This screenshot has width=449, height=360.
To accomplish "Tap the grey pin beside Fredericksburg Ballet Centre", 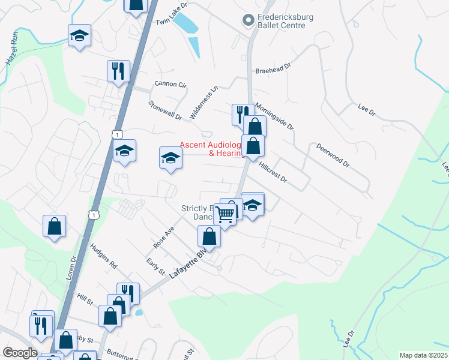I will coord(247,21).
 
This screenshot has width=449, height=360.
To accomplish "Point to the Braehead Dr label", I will coord(272,68).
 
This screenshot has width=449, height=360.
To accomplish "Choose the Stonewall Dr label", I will coord(165,110).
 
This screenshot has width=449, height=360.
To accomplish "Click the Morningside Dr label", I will coord(274,116).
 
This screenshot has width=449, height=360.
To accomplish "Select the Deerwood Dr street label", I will coord(332,155).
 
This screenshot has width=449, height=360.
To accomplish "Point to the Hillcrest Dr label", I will coord(274,172).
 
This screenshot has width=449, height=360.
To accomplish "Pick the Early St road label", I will coord(155,267).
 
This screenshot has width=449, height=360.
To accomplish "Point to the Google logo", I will coord(20,353).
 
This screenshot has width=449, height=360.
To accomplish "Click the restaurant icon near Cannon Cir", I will coord(118,70).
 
